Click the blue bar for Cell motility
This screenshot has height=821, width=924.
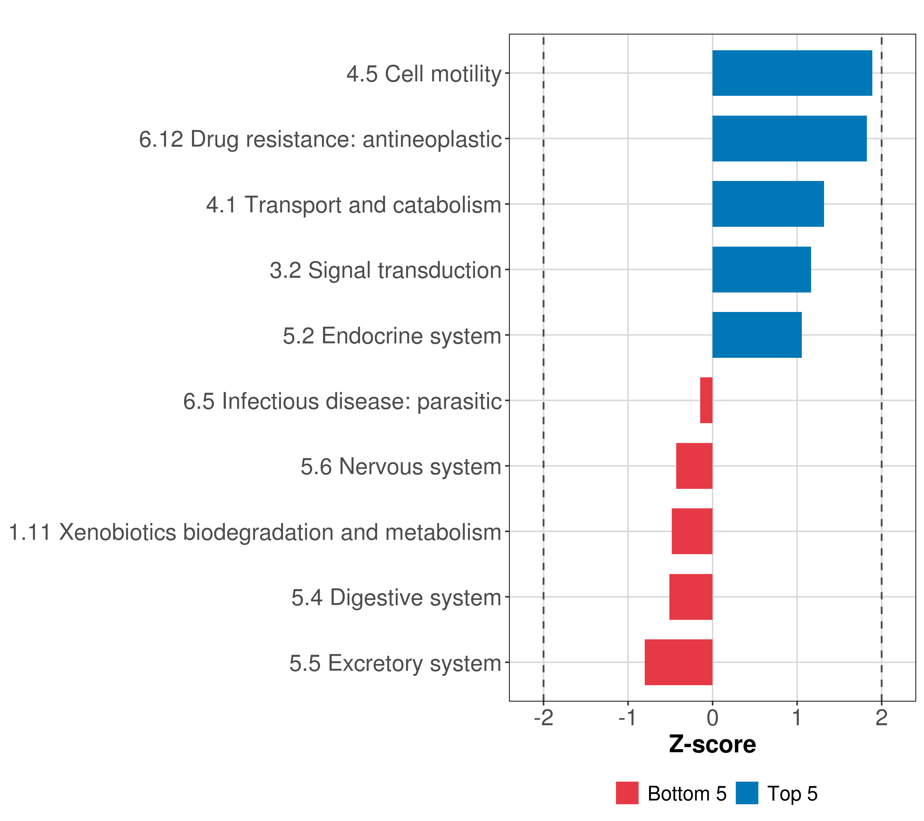pos(792,73)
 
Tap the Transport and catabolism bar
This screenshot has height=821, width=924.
pos(768,204)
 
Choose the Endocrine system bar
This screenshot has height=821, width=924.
pos(757,335)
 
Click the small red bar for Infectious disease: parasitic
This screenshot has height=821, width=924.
pos(706,400)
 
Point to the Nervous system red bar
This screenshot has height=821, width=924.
pos(694,466)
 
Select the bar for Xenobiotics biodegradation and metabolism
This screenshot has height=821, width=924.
pos(692,531)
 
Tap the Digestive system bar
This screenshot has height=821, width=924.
pos(690,597)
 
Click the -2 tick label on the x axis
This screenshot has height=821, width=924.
pos(543,718)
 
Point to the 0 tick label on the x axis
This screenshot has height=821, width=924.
pos(713,718)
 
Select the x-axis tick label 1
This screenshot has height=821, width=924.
pos(796,718)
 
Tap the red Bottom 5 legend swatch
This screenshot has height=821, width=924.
pos(627,793)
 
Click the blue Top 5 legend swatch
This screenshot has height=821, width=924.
pos(747,793)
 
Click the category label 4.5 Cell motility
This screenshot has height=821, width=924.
pos(424,74)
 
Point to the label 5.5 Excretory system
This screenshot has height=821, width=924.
pos(395,663)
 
